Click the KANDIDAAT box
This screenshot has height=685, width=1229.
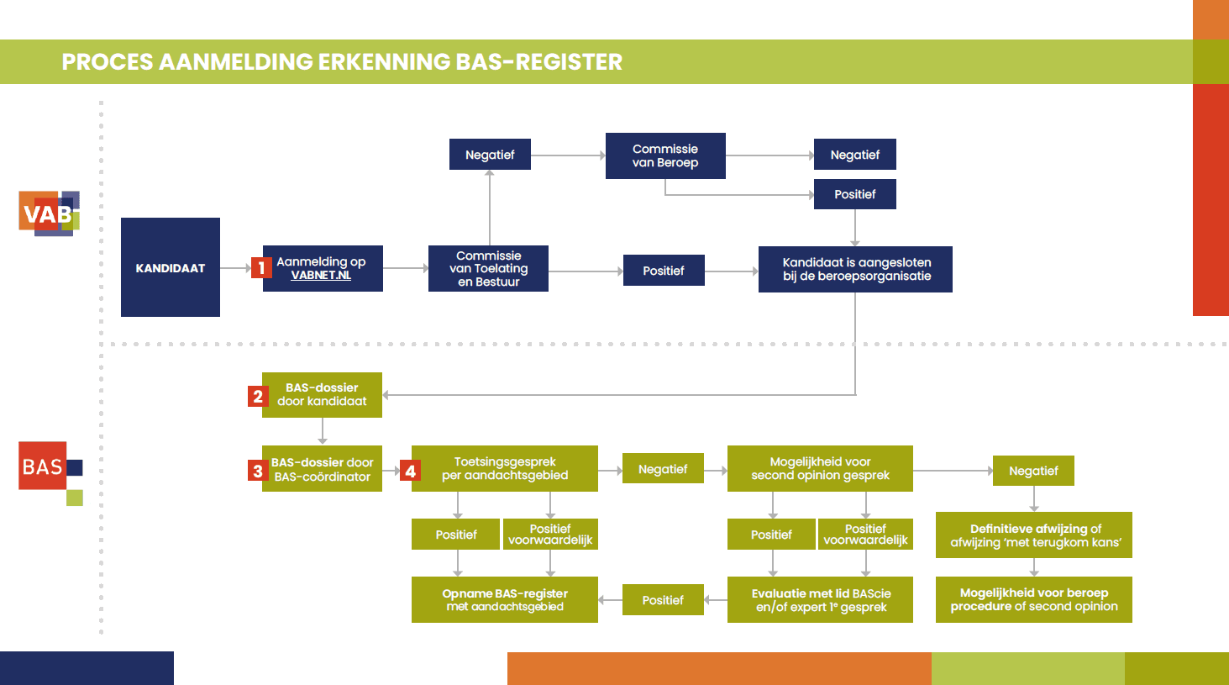(x=171, y=267)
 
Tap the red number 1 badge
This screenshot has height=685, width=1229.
(x=261, y=268)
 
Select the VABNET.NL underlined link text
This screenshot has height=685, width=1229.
(x=321, y=276)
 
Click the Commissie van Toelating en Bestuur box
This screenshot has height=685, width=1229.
(x=488, y=268)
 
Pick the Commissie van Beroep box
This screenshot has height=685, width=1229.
(x=665, y=155)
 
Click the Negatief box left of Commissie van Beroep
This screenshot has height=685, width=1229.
(x=490, y=155)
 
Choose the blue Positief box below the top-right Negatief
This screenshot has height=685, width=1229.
(x=854, y=194)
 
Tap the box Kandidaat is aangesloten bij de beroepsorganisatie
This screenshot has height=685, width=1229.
(x=855, y=269)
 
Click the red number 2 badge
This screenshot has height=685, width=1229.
(x=258, y=396)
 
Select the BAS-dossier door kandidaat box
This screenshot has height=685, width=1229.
(x=323, y=395)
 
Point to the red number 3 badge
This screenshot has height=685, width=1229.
(x=258, y=471)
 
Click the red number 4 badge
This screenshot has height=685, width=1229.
(x=410, y=471)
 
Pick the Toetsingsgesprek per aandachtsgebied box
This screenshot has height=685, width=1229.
(x=505, y=468)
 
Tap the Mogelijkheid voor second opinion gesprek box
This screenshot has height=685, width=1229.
(x=820, y=468)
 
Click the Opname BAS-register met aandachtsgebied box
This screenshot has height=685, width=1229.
(x=505, y=599)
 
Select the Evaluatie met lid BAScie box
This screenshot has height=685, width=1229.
(x=820, y=599)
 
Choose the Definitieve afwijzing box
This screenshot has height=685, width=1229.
(x=1034, y=535)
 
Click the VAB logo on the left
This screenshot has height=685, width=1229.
(x=49, y=213)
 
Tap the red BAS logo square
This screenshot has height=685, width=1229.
(x=43, y=466)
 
